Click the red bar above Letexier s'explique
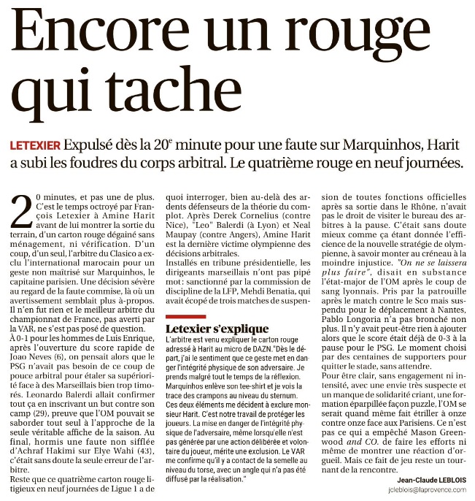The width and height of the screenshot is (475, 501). click(x=187, y=316)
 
